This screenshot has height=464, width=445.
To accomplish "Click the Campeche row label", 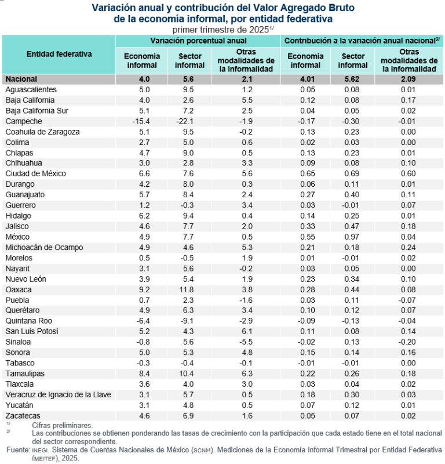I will tap(23, 121).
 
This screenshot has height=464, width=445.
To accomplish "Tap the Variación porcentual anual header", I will tap(198, 41).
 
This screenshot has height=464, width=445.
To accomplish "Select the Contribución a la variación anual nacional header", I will tap(362, 41).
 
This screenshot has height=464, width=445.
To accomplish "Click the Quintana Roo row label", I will tap(28, 321).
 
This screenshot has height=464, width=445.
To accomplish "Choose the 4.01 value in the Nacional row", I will tap(306, 79).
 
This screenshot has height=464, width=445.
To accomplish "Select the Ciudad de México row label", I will tap(35, 173).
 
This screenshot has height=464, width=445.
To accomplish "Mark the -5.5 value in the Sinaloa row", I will tap(246, 342).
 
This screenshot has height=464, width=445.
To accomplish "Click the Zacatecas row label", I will tap(23, 415).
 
